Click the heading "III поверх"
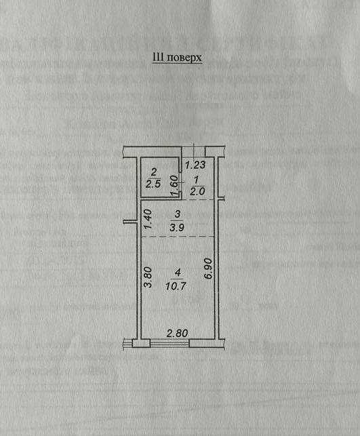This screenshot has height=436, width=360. [177, 58]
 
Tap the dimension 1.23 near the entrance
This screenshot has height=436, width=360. [195, 165]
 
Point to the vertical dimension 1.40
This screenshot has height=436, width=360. [148, 219]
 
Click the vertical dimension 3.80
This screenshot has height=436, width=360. [148, 277]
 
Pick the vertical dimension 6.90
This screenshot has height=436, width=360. [208, 269]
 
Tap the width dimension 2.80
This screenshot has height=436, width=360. [177, 333]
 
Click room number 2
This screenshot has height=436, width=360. [153, 172]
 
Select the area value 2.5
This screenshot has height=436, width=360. [153, 184]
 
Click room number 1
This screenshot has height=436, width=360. [197, 180]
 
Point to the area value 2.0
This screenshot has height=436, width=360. [197, 191]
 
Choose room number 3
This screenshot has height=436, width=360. [178, 214]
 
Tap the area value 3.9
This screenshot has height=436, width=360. [177, 227]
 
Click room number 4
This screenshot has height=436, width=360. [178, 273]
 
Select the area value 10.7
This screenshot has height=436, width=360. [176, 286]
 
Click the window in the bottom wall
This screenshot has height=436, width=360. [169, 343]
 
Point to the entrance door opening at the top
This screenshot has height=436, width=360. [193, 151]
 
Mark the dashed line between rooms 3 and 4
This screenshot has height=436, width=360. [178, 237]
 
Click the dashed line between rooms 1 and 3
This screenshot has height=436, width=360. [198, 200]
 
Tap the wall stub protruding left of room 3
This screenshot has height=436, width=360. [130, 222]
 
